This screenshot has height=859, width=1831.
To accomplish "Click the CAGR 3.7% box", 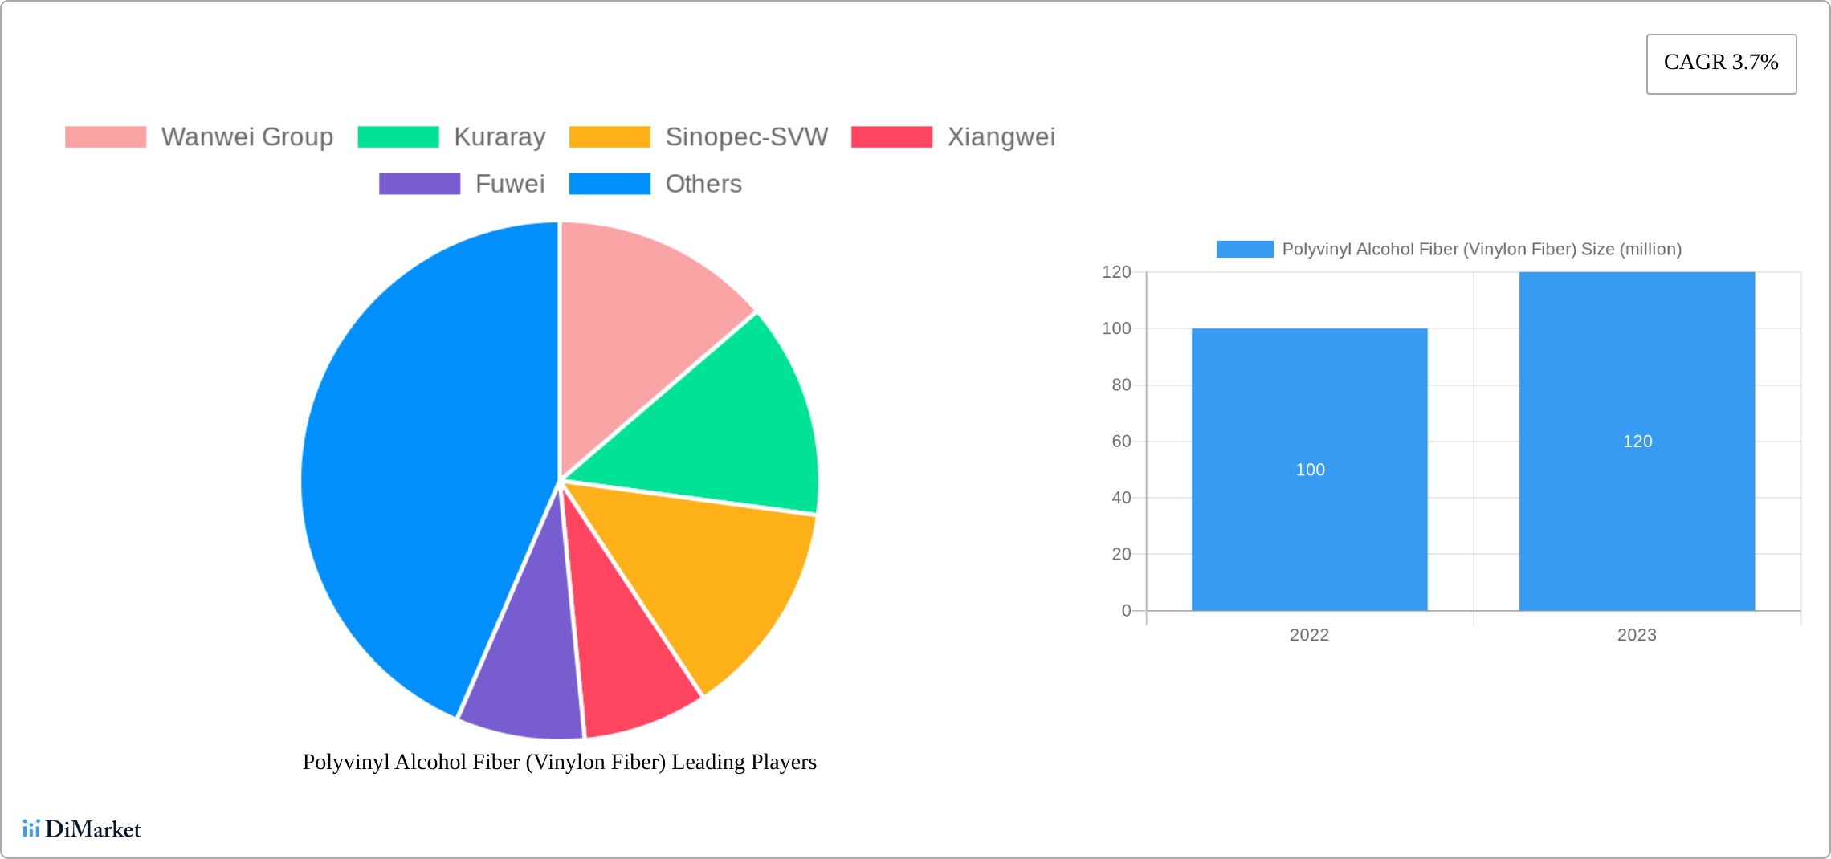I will pyautogui.click(x=1720, y=63).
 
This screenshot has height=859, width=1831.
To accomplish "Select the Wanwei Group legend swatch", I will pyautogui.click(x=105, y=137).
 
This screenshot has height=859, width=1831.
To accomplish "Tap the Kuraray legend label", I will pyautogui.click(x=500, y=137).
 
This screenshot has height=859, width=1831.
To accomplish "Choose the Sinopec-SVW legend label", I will pyautogui.click(x=746, y=137).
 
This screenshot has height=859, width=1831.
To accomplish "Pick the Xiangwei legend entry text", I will pyautogui.click(x=1001, y=137).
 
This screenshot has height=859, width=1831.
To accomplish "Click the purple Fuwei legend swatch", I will pyautogui.click(x=419, y=184).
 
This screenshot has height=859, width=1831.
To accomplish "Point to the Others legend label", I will pyautogui.click(x=703, y=184).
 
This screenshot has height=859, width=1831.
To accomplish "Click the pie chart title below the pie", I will pyautogui.click(x=559, y=762).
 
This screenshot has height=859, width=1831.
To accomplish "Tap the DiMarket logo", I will pyautogui.click(x=82, y=828).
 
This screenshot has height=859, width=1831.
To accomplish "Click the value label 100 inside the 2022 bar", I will pyautogui.click(x=1310, y=470).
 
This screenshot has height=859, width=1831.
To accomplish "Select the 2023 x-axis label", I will pyautogui.click(x=1637, y=635).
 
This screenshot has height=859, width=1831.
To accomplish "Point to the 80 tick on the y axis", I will pyautogui.click(x=1121, y=385).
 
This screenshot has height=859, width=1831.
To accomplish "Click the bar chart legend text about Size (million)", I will pyautogui.click(x=1481, y=250).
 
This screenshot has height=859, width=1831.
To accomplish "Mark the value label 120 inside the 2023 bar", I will pyautogui.click(x=1637, y=442).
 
